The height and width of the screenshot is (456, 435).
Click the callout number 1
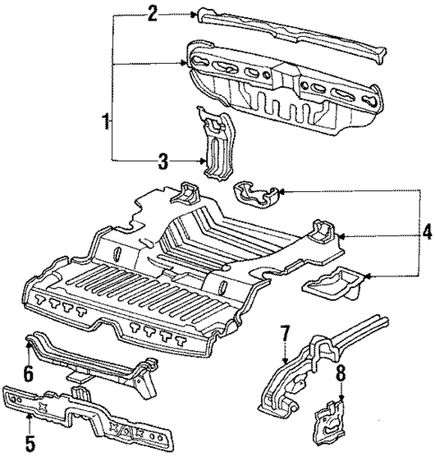(107, 119)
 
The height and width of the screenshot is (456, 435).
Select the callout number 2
(152, 13)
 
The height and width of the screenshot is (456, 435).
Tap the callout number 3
(163, 161)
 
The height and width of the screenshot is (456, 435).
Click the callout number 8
(342, 371)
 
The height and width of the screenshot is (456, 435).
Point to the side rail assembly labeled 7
(314, 368)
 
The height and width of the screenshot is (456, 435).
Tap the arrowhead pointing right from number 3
(199, 161)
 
